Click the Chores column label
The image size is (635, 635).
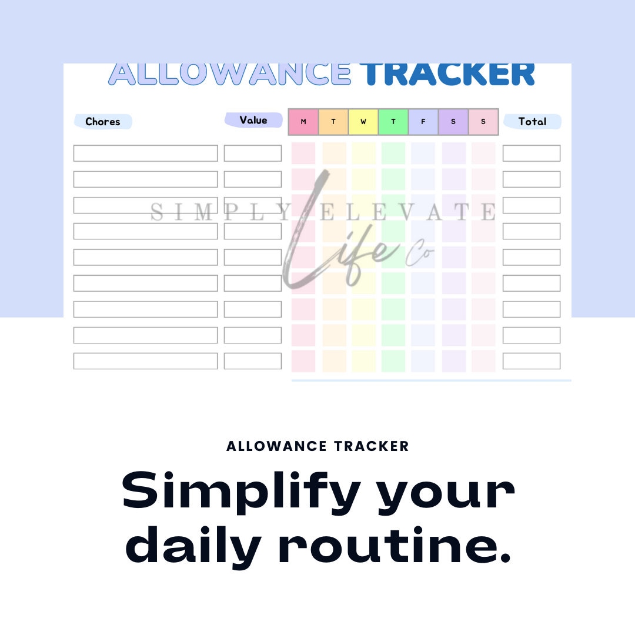pyautogui.click(x=103, y=122)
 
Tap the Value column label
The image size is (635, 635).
pyautogui.click(x=253, y=120)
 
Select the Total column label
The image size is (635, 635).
pyautogui.click(x=532, y=122)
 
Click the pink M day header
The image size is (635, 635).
pyautogui.click(x=303, y=122)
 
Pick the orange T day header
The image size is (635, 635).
pyautogui.click(x=333, y=122)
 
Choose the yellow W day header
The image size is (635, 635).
pyautogui.click(x=363, y=122)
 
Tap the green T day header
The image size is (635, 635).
pyautogui.click(x=393, y=122)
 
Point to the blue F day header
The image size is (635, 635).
pyautogui.click(x=423, y=122)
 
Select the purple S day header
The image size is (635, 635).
pyautogui.click(x=453, y=122)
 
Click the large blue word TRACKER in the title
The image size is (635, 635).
pyautogui.click(x=447, y=74)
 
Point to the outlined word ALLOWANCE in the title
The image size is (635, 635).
pyautogui.click(x=230, y=74)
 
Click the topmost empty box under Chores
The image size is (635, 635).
pyautogui.click(x=145, y=153)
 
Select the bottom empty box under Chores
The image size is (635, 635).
pyautogui.click(x=145, y=361)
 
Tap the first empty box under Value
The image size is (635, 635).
pyautogui.click(x=253, y=153)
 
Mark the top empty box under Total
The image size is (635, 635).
pyautogui.click(x=532, y=153)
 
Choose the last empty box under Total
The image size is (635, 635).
pyautogui.click(x=532, y=361)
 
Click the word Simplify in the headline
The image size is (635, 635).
pyautogui.click(x=240, y=491)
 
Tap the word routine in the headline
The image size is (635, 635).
pyautogui.click(x=395, y=546)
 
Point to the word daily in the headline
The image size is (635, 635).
pyautogui.click(x=193, y=546)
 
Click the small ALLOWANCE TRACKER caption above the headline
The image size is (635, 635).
pyautogui.click(x=317, y=446)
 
